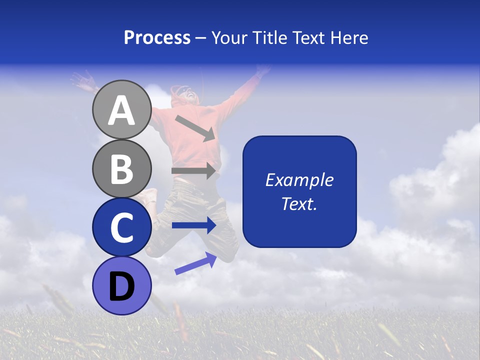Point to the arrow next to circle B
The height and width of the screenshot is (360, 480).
194,170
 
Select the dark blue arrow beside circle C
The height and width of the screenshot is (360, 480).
194,225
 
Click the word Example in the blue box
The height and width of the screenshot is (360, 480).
299,180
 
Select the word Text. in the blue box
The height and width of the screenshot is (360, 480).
299,203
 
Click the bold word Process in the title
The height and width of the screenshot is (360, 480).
157,37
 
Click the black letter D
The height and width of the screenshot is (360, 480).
121,286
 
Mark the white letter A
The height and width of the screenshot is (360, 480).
121,110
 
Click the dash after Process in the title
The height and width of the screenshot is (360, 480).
201,38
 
